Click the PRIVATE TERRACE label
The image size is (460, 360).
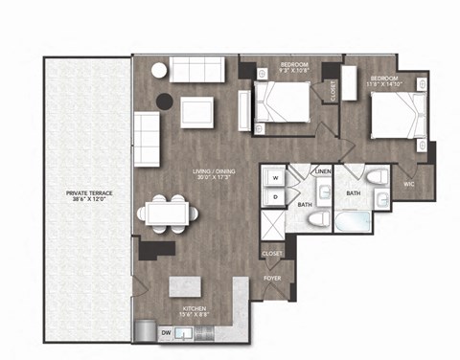84,195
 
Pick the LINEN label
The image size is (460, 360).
323,170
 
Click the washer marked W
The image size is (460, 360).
274,178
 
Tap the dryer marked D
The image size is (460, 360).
274,197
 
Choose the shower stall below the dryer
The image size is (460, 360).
274,225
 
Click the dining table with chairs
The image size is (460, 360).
169,213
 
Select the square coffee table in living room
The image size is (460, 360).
200,110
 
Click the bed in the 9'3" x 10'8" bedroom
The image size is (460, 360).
282,102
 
